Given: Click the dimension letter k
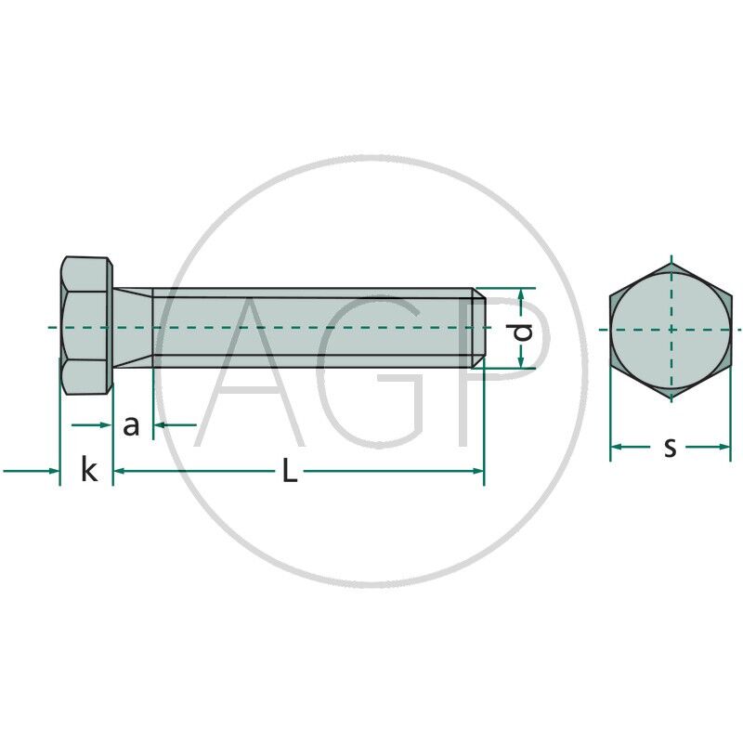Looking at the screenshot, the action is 89,470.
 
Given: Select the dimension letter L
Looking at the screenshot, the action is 290,471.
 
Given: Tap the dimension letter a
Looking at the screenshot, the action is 131,425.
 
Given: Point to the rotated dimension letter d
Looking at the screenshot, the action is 523,332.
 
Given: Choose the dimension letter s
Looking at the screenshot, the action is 670,448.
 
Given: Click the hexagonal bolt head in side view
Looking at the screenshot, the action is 86,325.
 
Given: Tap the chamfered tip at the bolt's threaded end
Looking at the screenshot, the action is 478,328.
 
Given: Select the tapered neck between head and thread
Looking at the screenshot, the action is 133,328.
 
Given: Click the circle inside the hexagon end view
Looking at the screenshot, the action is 671,330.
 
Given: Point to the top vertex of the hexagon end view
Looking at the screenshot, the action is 671,262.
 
